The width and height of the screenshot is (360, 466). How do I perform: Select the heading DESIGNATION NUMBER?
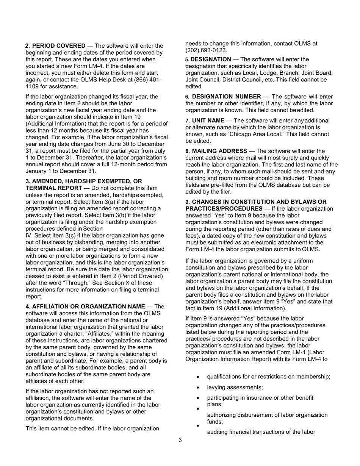(x=226, y=97)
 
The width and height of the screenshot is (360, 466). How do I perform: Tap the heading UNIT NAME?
(x=208, y=120)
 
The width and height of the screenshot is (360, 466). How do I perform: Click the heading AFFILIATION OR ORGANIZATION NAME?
(x=88, y=306)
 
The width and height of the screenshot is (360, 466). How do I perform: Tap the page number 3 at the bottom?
(x=180, y=440)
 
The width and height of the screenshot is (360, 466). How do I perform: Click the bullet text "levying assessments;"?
(x=235, y=387)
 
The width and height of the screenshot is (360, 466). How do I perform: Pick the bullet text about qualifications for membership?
(x=268, y=377)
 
